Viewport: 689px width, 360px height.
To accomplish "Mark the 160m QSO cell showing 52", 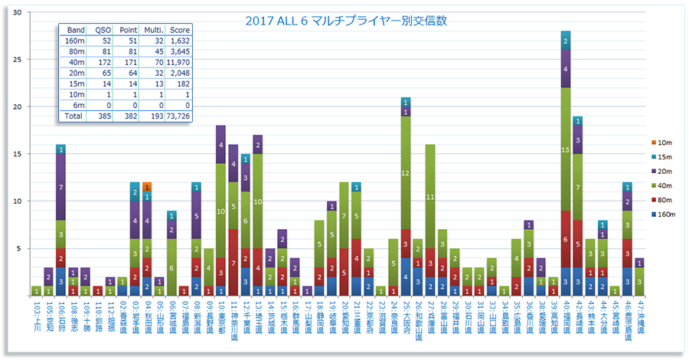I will click(x=103, y=40).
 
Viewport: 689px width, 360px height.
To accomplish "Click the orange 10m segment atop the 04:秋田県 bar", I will click(x=147, y=186).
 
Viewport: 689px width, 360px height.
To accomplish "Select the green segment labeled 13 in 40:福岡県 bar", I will click(x=566, y=149).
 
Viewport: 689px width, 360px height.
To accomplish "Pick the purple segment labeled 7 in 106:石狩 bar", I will click(x=60, y=187).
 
